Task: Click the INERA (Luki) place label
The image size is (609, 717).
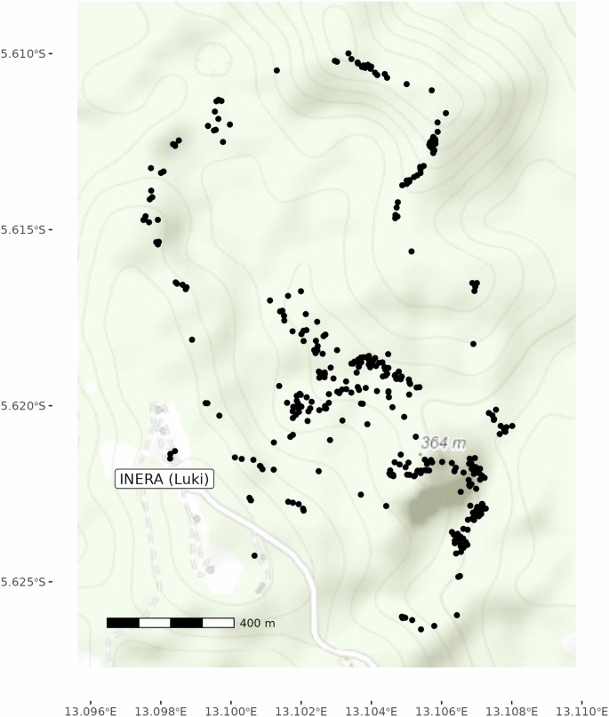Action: click(164, 479)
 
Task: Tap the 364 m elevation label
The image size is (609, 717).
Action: click(444, 442)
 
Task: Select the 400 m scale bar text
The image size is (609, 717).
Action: click(258, 624)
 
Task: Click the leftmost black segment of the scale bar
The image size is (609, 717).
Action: click(123, 623)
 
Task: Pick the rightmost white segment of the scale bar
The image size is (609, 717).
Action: click(218, 623)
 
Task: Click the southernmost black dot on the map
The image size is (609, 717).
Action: click(421, 629)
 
